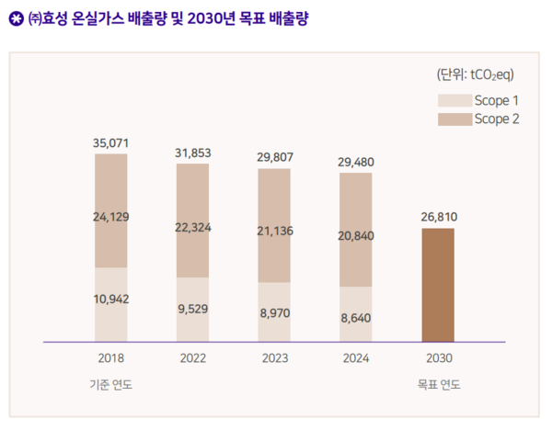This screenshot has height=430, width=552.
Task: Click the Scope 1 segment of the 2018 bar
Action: (110, 317)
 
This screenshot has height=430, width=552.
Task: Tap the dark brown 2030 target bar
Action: (438, 285)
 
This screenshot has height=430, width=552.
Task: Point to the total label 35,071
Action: (110, 143)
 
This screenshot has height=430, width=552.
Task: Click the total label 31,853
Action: (193, 153)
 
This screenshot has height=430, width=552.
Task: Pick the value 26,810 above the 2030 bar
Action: (439, 217)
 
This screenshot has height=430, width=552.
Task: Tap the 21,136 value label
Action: (274, 231)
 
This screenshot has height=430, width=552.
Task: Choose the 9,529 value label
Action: (193, 309)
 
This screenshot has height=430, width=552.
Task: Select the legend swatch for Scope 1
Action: (452, 100)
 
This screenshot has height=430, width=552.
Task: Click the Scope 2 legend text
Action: (497, 119)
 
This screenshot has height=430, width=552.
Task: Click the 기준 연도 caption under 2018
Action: (110, 384)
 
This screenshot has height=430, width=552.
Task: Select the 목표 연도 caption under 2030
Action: (439, 384)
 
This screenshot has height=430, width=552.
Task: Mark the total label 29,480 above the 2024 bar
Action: (356, 162)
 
